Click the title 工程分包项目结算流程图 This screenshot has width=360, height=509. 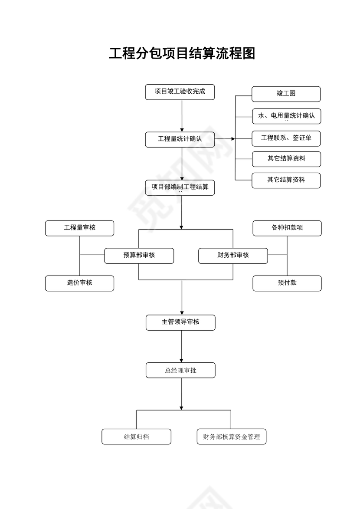[x=182, y=53]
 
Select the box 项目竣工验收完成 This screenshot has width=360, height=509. [x=180, y=92]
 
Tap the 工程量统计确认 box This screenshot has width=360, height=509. [x=180, y=139]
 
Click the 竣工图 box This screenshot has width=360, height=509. [x=286, y=94]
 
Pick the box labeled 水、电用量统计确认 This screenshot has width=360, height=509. [x=286, y=116]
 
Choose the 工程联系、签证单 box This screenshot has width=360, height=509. [x=286, y=138]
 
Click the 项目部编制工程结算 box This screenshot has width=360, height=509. [x=180, y=187]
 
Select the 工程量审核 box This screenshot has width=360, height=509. [x=79, y=228]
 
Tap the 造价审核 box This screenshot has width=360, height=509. [x=79, y=283]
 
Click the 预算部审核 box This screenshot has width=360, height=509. [x=139, y=256]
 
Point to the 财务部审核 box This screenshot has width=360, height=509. [x=233, y=256]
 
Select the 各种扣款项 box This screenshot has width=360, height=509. [x=287, y=228]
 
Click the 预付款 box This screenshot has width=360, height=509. [x=287, y=283]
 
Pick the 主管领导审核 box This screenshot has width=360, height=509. [x=180, y=322]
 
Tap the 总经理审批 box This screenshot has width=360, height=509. [x=180, y=371]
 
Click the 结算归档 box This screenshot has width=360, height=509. [x=136, y=437]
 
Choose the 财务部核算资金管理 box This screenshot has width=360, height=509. [x=231, y=437]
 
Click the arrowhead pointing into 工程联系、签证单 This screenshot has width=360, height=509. [x=233, y=139]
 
